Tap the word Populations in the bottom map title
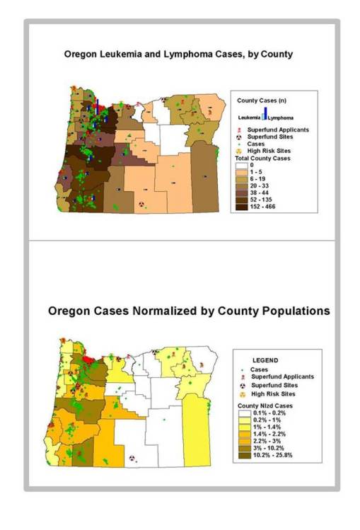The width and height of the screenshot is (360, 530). pyautogui.click(x=289, y=311)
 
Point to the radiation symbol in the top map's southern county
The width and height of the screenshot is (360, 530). pyautogui.click(x=141, y=203)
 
